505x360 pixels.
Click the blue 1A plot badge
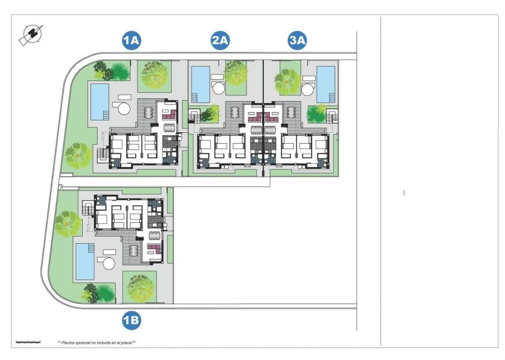[x=131, y=41]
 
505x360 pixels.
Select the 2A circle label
[x=220, y=41]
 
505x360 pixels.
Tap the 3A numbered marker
[x=297, y=41]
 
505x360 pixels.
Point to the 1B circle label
[x=131, y=321]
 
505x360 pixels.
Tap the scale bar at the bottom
[x=27, y=342]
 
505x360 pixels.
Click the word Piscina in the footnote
[x=70, y=343]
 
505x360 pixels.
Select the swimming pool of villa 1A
[x=99, y=100]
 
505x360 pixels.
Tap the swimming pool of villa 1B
[x=85, y=261]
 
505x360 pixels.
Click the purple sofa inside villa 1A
[x=167, y=111]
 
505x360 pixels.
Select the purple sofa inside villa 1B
[x=154, y=248]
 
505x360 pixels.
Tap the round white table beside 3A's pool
[x=308, y=90]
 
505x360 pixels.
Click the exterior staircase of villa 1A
[x=103, y=156]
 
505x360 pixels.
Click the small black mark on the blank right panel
[x=404, y=193]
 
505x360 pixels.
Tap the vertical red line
[x=381, y=179]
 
